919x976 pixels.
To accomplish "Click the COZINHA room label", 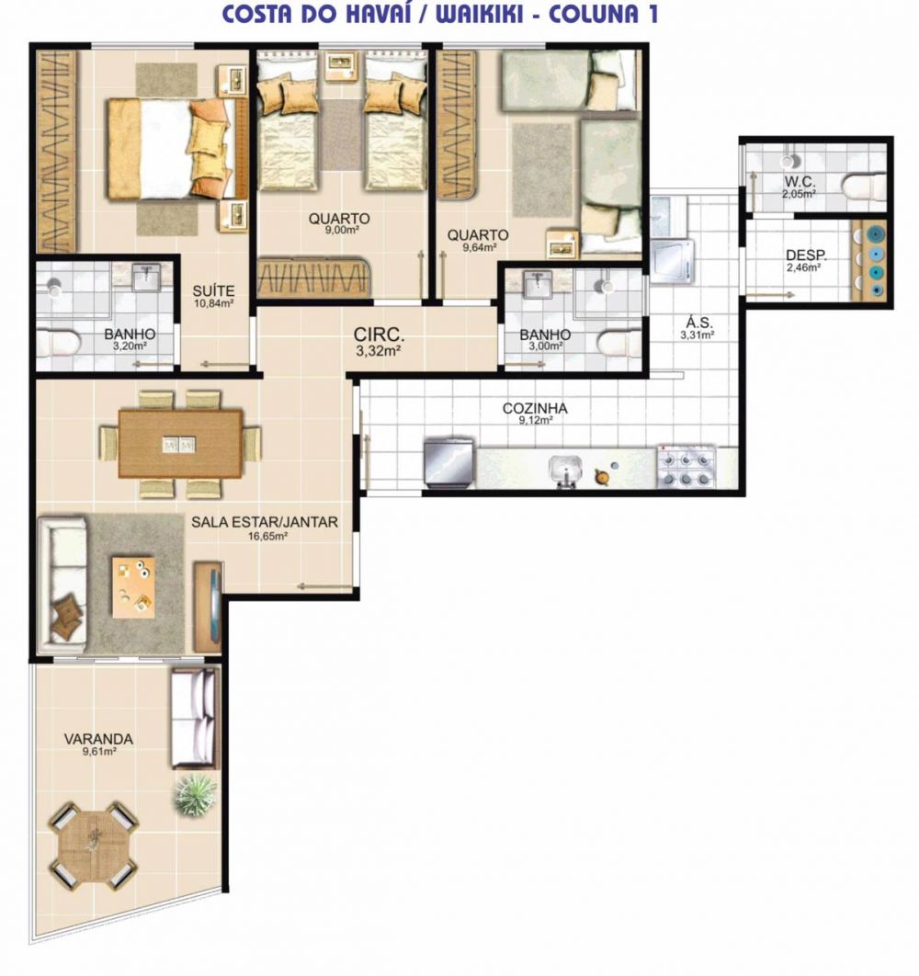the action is coord(535,408).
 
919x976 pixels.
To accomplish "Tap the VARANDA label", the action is coord(98,739).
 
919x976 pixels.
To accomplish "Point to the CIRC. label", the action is coord(380,335).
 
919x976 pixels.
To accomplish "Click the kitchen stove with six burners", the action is coord(686,466).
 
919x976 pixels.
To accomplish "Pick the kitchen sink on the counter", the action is coord(565,471).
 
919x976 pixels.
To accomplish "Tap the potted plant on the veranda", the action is coord(196,794).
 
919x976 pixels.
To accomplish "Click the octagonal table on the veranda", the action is coord(94,845).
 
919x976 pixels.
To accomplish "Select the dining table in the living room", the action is coord(180,444).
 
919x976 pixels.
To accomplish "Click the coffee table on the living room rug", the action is coord(133,587).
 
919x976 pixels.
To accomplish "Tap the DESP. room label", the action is coord(806,255).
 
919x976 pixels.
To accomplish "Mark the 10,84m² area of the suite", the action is coord(213,304).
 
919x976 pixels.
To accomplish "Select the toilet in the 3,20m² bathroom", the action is coord(57,345).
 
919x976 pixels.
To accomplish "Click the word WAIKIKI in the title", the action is coord(479,15).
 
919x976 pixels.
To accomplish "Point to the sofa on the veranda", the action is coord(195,718).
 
